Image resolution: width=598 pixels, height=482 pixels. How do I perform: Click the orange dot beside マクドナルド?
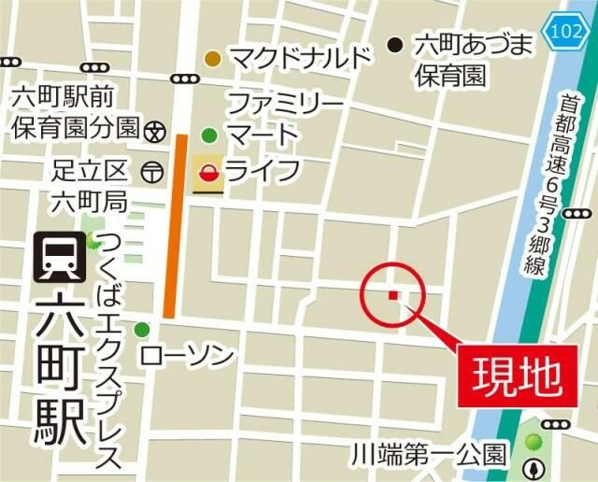(214, 59)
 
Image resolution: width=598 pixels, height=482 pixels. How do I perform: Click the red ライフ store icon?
(207, 173)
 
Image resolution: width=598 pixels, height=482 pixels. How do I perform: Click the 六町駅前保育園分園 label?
(75, 110)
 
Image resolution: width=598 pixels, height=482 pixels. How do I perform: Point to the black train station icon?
(59, 257)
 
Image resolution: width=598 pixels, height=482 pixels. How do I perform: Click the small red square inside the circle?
(392, 295)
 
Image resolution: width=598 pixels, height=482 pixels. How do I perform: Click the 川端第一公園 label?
(429, 457)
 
